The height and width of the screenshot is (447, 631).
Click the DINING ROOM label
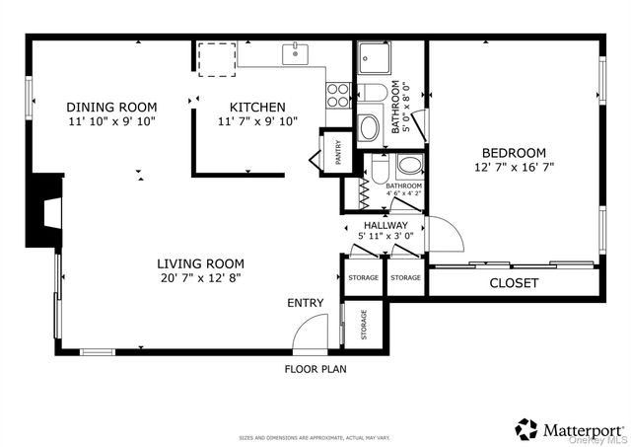[x=110, y=107]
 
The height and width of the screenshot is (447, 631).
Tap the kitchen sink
[x=295, y=53]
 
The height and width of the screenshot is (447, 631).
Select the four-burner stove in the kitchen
[x=338, y=94]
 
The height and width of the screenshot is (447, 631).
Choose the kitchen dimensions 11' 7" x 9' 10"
[x=257, y=121]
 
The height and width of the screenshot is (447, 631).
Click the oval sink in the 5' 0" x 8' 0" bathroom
[x=369, y=126]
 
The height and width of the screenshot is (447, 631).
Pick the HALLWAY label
[x=386, y=225]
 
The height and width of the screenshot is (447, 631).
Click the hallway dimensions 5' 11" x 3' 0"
[x=386, y=237]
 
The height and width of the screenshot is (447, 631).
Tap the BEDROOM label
[x=513, y=152]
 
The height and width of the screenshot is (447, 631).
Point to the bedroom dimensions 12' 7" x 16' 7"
[x=513, y=168]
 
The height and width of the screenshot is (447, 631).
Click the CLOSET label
[x=515, y=283]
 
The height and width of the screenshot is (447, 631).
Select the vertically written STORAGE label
[x=364, y=325]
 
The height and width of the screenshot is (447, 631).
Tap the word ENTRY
[x=306, y=303]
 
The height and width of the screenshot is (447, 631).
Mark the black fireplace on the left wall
[x=43, y=210]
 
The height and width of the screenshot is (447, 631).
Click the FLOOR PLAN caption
[x=315, y=369]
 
